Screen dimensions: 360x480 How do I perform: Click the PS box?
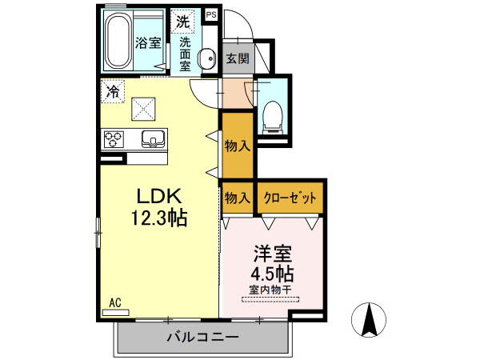(x=210, y=14)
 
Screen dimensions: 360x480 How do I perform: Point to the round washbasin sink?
(x=207, y=58)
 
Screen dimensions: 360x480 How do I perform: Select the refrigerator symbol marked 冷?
(x=112, y=92)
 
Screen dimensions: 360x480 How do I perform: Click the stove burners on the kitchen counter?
(x=113, y=139)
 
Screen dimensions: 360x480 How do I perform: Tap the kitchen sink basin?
(x=153, y=139)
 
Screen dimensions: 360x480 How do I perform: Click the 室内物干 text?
(x=270, y=289)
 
